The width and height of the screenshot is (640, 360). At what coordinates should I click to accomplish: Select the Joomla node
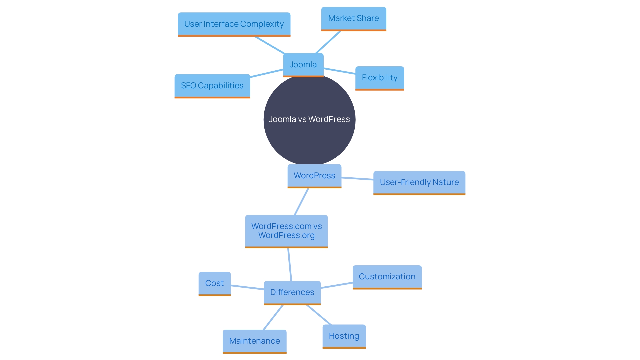[303, 65]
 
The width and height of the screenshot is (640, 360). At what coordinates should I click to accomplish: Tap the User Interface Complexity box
[234, 24]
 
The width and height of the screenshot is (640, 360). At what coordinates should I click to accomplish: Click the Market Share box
[353, 18]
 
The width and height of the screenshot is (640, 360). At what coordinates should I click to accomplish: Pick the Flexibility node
[379, 78]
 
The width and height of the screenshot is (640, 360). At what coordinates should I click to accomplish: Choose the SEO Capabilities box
[212, 86]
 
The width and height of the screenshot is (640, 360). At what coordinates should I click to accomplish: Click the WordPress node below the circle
[314, 176]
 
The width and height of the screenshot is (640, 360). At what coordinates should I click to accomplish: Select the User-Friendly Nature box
[419, 182]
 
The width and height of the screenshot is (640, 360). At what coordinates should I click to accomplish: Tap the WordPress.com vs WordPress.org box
[286, 231]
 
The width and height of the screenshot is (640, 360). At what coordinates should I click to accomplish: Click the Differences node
[292, 292]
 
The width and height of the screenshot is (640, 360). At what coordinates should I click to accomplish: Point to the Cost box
[214, 283]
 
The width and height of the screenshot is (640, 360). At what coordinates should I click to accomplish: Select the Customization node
[387, 277]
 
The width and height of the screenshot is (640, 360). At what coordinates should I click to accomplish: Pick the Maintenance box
[254, 341]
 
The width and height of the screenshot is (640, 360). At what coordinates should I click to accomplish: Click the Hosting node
[344, 336]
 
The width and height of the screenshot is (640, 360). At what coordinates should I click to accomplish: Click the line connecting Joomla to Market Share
[328, 42]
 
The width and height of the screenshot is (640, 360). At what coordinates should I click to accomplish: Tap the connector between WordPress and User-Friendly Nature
[357, 179]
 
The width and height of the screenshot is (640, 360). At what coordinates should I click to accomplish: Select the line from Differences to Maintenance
[273, 317]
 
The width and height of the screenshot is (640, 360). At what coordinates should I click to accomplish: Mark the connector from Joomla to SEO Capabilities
[267, 73]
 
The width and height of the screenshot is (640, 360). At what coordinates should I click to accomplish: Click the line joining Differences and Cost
[247, 287]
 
